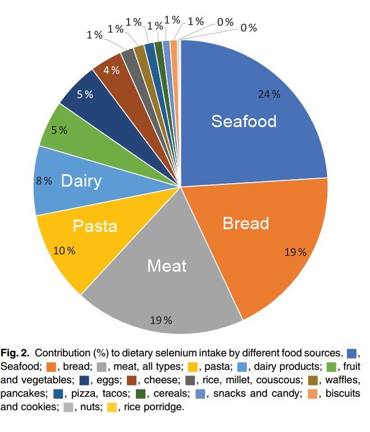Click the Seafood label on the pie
point(244,121)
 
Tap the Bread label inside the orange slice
point(246,223)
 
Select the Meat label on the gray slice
point(166,265)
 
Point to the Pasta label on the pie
point(95,226)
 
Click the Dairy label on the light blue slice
point(81,181)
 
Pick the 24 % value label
point(269,94)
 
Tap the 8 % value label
point(44,180)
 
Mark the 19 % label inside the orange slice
point(295,252)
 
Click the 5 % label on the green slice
point(60,130)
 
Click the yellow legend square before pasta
point(193,367)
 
